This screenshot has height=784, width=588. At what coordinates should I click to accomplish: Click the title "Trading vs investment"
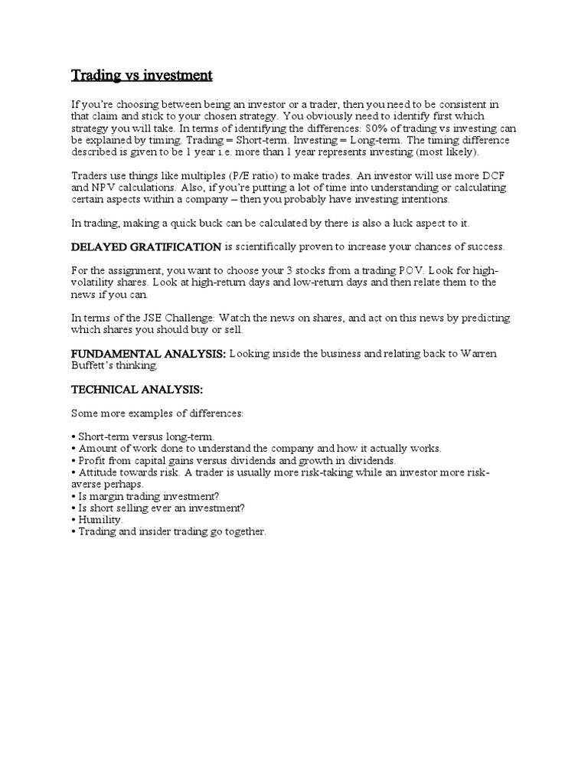[142, 75]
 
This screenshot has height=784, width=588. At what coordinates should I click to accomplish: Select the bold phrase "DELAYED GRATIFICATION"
[145, 247]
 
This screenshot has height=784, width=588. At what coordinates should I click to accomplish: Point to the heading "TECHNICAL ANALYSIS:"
[137, 390]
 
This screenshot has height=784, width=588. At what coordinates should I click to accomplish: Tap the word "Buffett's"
[95, 367]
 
